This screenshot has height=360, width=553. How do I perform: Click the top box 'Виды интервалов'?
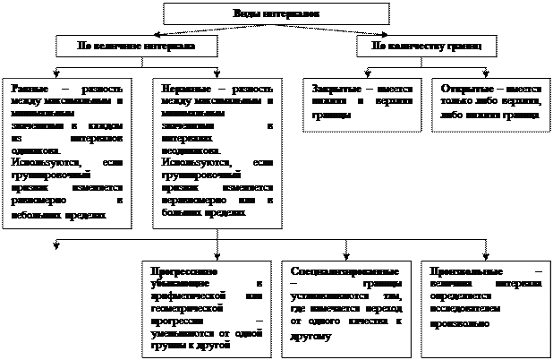coord(276,13)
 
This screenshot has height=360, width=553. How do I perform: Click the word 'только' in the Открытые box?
coord(457,102)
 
